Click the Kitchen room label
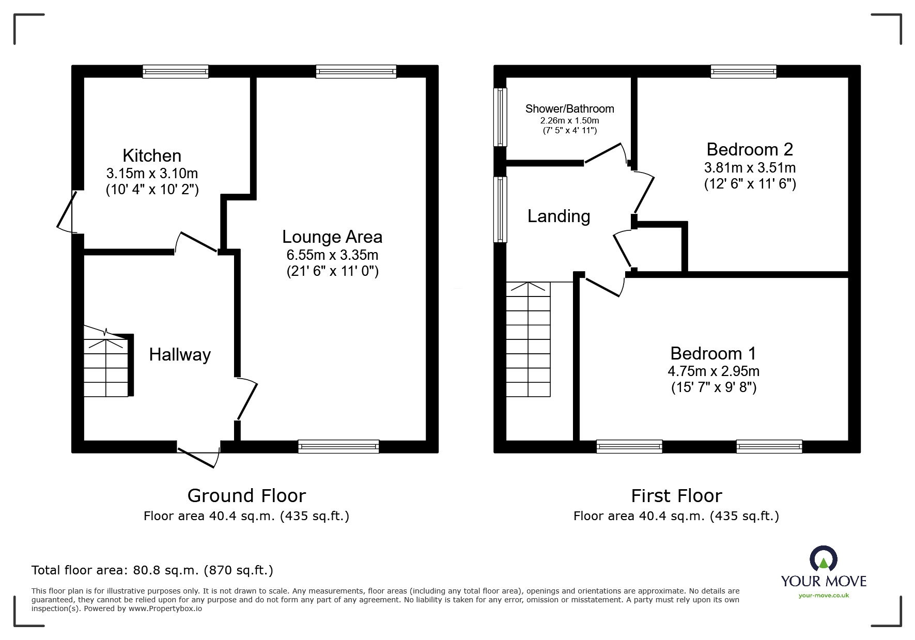(152, 155)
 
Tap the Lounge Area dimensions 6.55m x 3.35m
(332, 255)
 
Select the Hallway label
(180, 355)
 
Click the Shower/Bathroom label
(569, 108)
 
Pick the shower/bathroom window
(500, 117)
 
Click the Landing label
(559, 216)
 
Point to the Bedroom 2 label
(749, 149)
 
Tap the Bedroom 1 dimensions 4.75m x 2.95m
(713, 371)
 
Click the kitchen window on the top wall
(176, 71)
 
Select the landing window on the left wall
(500, 209)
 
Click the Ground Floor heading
(246, 495)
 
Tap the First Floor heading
(676, 495)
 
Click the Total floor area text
(152, 570)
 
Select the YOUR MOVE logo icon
(823, 558)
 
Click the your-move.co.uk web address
(824, 596)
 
